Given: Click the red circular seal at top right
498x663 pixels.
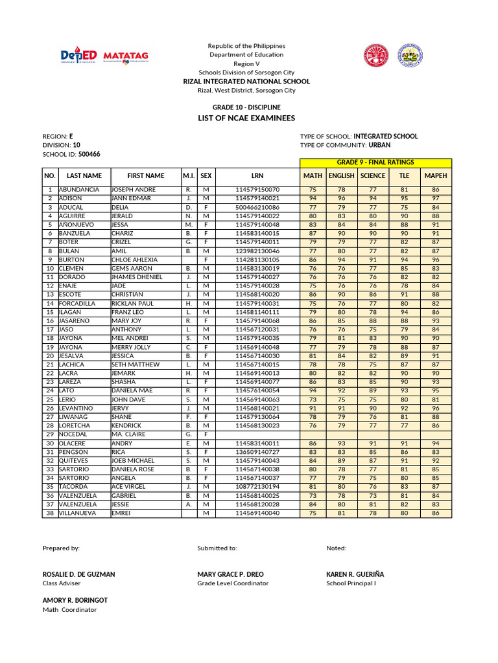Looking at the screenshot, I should [x=375, y=56].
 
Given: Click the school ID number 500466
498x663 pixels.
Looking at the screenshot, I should [x=89, y=155].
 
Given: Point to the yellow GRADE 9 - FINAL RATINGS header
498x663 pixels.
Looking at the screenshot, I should [x=375, y=163].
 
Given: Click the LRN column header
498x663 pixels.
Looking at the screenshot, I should [x=257, y=175].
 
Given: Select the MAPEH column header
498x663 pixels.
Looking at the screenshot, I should [x=435, y=175].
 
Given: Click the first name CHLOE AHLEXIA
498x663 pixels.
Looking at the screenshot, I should [x=134, y=260].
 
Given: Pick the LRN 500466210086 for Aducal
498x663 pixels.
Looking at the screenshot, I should [x=257, y=207].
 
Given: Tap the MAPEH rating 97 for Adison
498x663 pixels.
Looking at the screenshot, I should [x=435, y=198].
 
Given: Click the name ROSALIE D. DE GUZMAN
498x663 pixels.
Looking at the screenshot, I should [x=78, y=574].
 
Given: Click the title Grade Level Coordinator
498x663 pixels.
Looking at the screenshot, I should [x=233, y=583].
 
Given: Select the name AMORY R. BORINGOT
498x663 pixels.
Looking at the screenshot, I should [x=75, y=600].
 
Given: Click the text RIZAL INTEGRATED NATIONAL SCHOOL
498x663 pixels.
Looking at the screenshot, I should [x=246, y=82].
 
